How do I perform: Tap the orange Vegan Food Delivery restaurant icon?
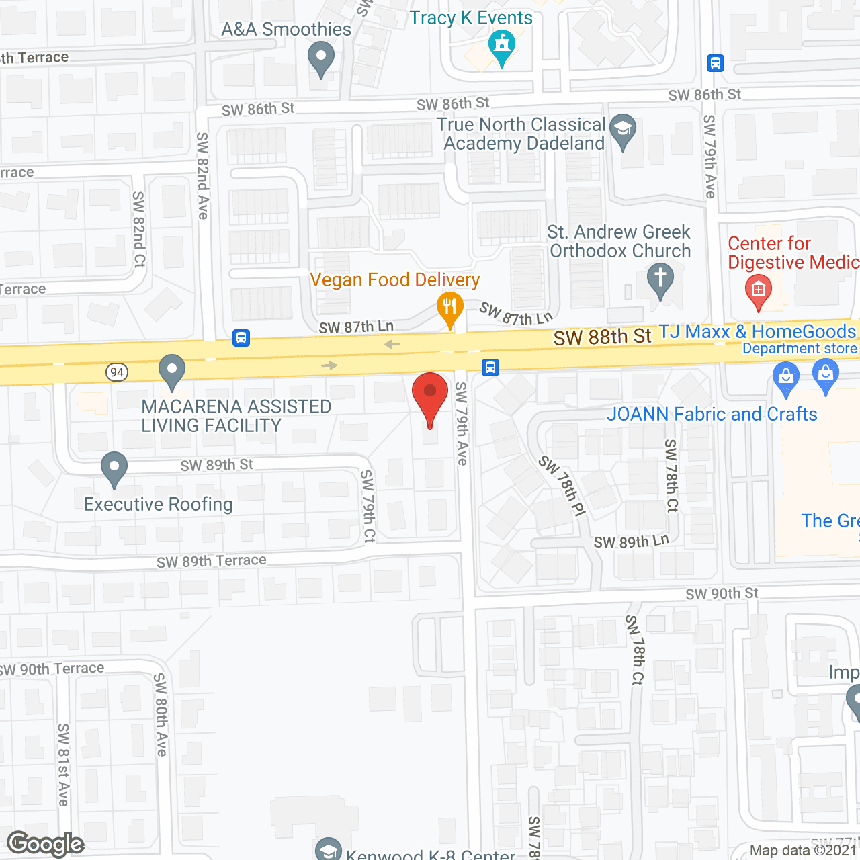coord(450,308)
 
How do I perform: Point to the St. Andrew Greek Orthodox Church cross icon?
coord(660,279)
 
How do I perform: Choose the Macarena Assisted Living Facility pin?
coord(172,371)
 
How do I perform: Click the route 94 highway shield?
coord(117,372)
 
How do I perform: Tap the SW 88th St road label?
coord(602,337)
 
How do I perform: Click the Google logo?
coord(46,844)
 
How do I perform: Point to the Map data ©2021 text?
coord(803,850)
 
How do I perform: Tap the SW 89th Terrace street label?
coord(211,561)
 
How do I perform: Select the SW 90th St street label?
coord(722,593)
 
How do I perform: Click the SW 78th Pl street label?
coord(562,485)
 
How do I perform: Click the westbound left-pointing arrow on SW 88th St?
coord(392,345)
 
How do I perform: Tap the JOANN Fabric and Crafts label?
coord(712,414)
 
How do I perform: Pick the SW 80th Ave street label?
coord(161,715)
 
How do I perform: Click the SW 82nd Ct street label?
coord(139,229)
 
